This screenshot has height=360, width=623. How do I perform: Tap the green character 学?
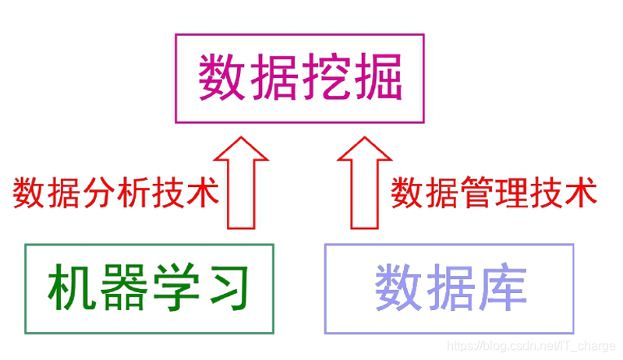(175, 288)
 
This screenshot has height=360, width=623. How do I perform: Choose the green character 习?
(226, 288)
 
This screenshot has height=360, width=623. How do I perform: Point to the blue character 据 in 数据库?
(450, 288)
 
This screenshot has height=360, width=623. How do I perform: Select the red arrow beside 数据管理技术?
(365, 183)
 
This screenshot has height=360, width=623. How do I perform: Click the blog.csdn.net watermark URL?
(530, 346)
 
